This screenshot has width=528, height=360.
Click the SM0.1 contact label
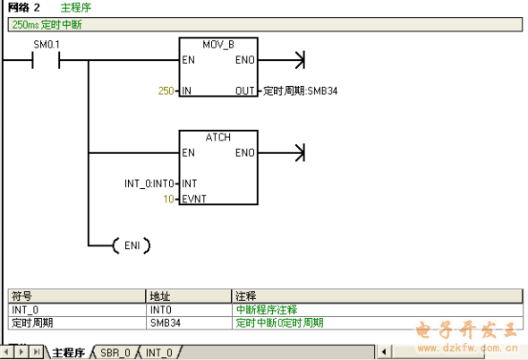tap(47, 45)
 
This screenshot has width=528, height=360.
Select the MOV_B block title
tap(218, 45)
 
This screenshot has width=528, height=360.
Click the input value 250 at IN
tap(166, 90)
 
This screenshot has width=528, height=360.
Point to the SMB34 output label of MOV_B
tap(300, 91)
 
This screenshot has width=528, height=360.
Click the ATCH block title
tap(218, 138)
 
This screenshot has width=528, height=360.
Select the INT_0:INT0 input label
tap(149, 184)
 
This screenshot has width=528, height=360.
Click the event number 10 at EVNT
tap(169, 199)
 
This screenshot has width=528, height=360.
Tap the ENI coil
tap(132, 245)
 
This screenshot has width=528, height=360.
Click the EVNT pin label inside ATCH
tap(194, 199)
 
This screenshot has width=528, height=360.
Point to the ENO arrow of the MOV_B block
tap(282, 60)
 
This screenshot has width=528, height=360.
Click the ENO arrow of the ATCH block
tap(282, 153)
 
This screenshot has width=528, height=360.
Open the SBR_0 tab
tap(115, 353)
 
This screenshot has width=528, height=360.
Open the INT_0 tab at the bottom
tap(159, 353)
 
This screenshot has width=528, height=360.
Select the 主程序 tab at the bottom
tap(68, 353)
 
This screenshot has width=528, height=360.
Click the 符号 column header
tap(21, 296)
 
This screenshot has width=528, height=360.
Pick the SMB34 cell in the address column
tap(166, 323)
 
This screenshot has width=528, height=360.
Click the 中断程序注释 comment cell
tap(267, 310)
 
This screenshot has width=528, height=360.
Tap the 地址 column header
tap(160, 296)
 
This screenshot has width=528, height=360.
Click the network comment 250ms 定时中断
tap(47, 24)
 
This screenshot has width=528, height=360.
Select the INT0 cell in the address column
tap(160, 310)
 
